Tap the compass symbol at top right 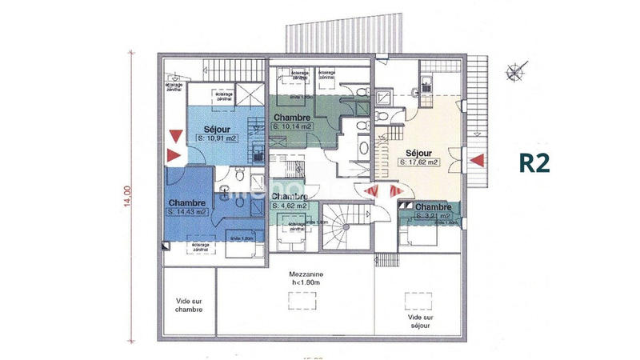[512, 74]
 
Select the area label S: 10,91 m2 [218, 138]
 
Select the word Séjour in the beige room [418, 152]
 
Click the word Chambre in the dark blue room [188, 202]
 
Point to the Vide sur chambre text [189, 306]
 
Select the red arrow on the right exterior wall [476, 161]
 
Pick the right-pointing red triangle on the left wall [172, 155]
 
